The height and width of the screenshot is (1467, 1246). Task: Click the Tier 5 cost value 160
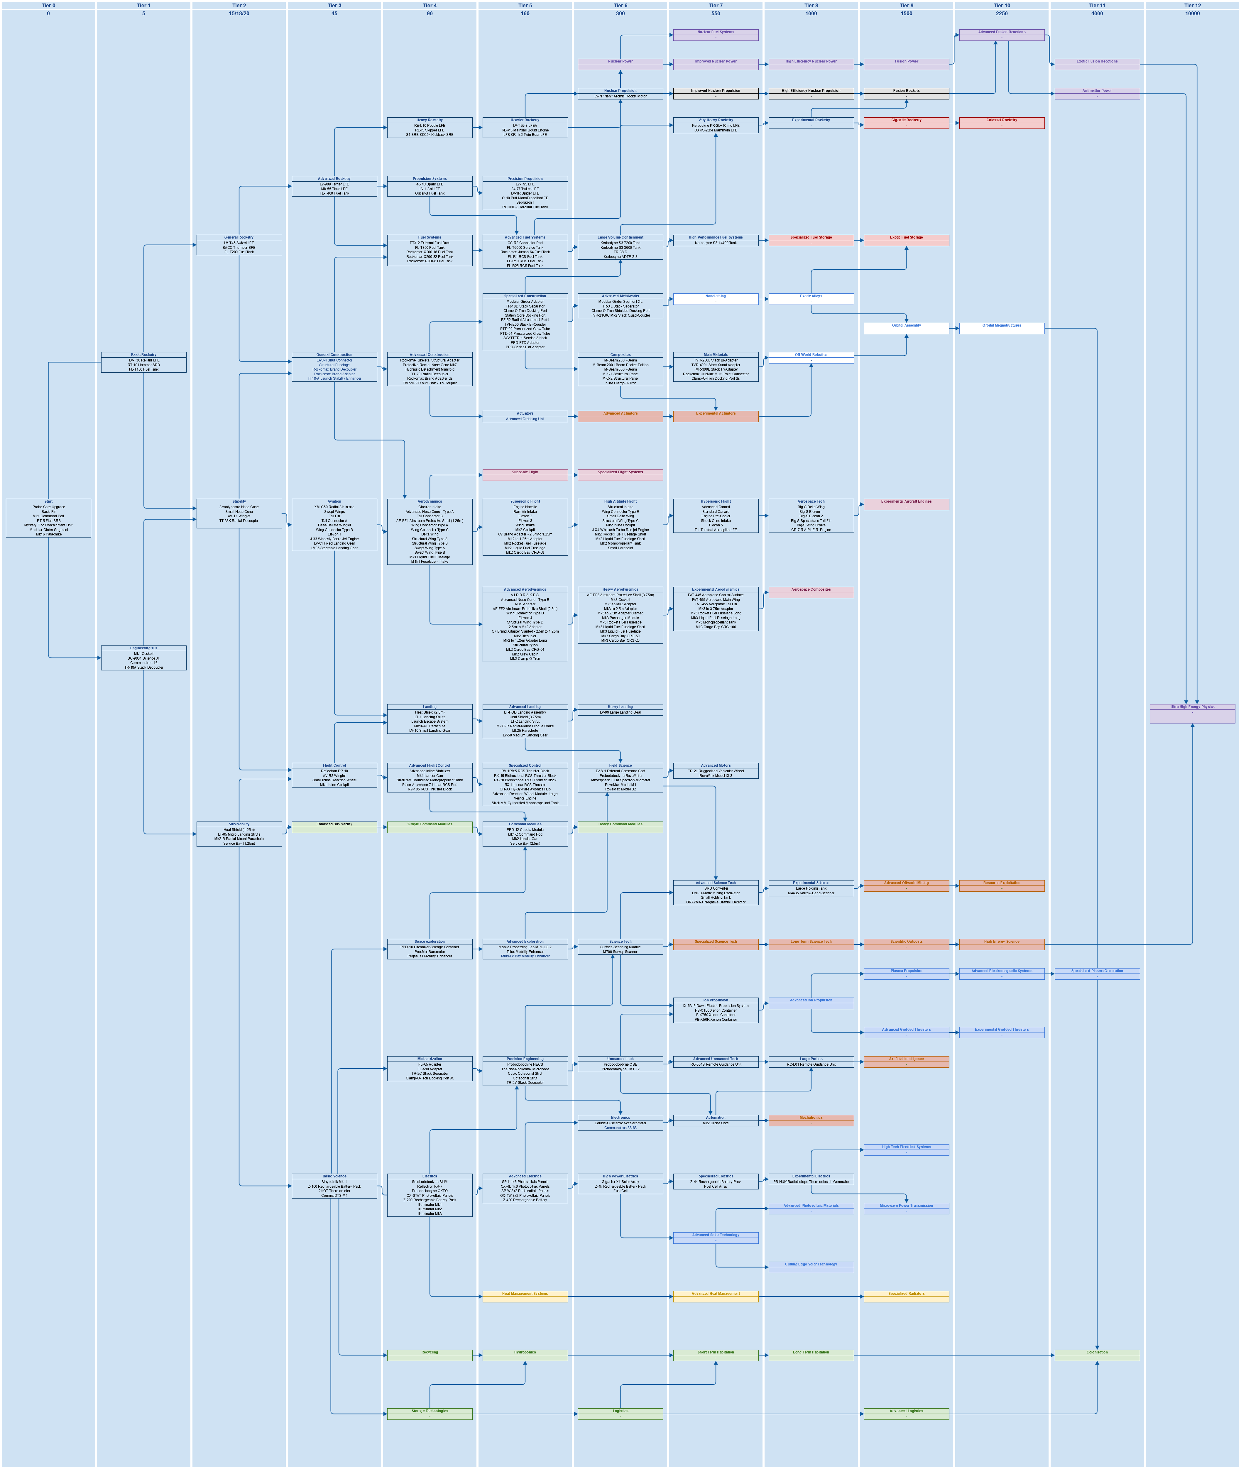coord(525,13)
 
